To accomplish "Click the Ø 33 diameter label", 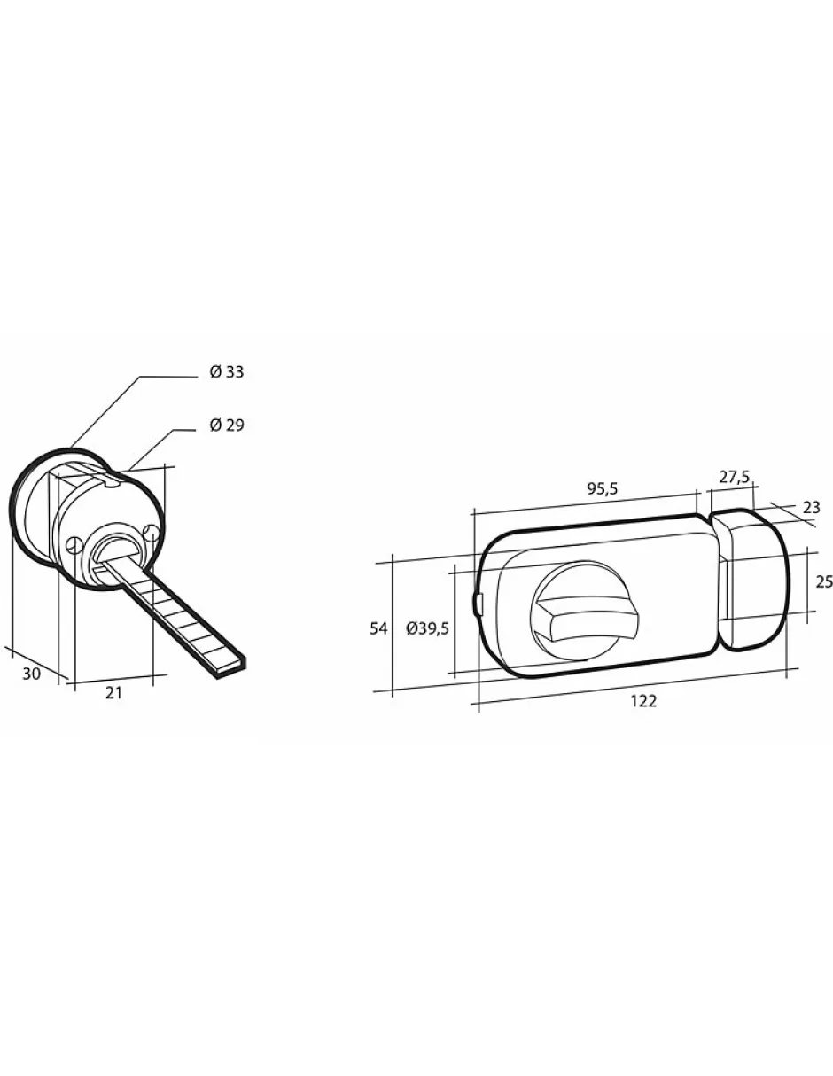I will tap(226, 372).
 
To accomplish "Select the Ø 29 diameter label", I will tap(226, 425).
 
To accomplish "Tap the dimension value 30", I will tap(32, 674).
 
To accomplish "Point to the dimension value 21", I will tap(113, 693).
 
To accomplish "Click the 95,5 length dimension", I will tap(601, 488).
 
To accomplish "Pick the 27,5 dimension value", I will tap(734, 477).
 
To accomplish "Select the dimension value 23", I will tap(811, 508).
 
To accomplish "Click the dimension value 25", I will tap(823, 582).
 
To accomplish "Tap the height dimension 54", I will tap(378, 628).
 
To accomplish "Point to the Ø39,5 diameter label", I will tap(428, 628).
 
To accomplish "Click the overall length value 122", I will tap(643, 700).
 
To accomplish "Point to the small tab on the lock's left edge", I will tap(479, 604).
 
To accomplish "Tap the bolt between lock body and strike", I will tap(723, 589).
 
